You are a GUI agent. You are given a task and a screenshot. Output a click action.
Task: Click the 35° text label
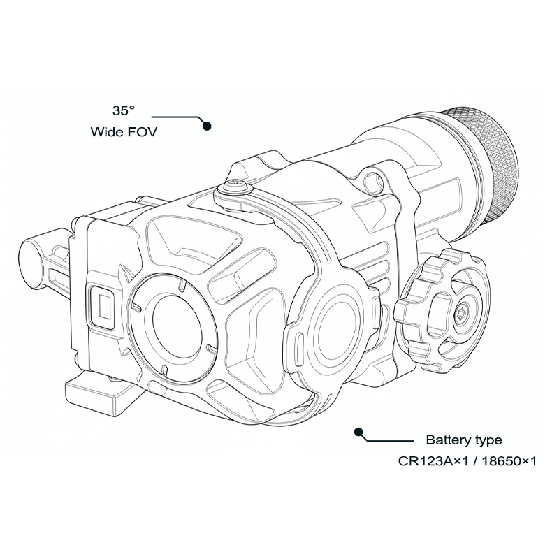click(x=123, y=110)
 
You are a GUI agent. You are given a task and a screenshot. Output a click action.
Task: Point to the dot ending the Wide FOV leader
click(x=206, y=126)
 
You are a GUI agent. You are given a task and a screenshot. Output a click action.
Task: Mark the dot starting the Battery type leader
click(x=359, y=431)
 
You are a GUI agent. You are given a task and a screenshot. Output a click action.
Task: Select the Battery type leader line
click(x=388, y=440)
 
